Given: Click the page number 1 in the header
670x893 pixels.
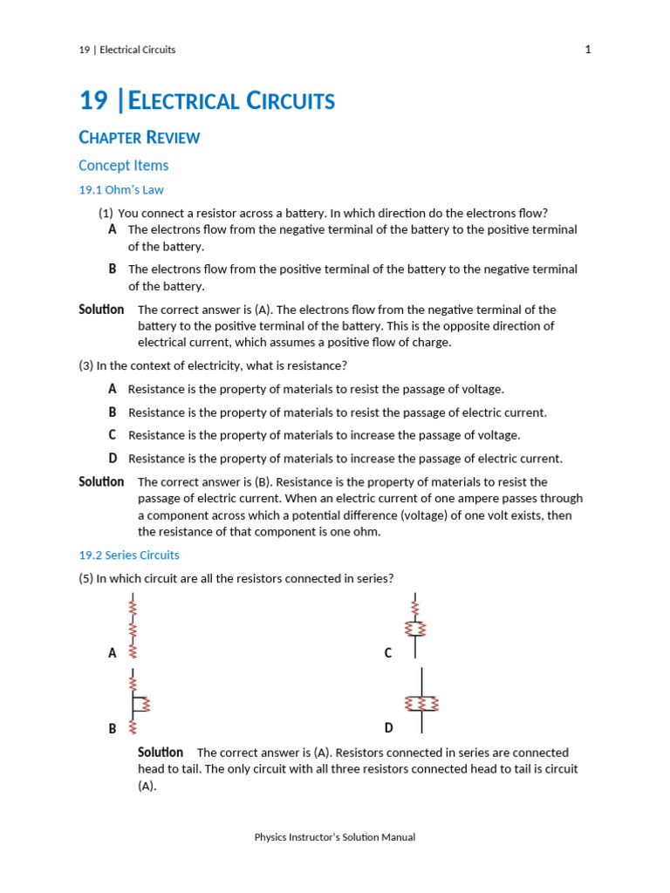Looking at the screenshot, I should click(588, 50).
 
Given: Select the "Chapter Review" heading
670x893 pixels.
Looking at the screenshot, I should click(139, 137).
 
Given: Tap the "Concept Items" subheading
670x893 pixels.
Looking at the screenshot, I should click(123, 166).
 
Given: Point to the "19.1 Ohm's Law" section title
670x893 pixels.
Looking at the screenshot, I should click(120, 189).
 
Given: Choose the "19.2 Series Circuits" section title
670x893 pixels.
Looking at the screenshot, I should click(128, 555).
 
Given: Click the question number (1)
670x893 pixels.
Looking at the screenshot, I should click(106, 213).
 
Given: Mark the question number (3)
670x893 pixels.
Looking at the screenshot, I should click(85, 365).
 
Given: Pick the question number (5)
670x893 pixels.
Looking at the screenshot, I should click(85, 577).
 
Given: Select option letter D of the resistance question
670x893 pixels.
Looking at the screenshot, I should click(113, 458).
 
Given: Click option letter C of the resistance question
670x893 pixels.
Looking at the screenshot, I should click(113, 434).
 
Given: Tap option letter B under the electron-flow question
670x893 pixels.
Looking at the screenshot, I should click(113, 269).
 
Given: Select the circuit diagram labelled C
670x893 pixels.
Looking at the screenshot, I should click(415, 624).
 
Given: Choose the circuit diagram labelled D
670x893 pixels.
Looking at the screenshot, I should click(422, 701).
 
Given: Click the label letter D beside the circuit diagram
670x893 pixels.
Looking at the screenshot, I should click(388, 728).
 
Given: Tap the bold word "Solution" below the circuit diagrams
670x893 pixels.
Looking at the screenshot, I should click(161, 752).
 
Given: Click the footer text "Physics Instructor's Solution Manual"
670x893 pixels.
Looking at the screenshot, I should click(335, 837).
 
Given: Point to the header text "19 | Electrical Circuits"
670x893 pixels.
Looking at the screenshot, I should click(126, 50).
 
